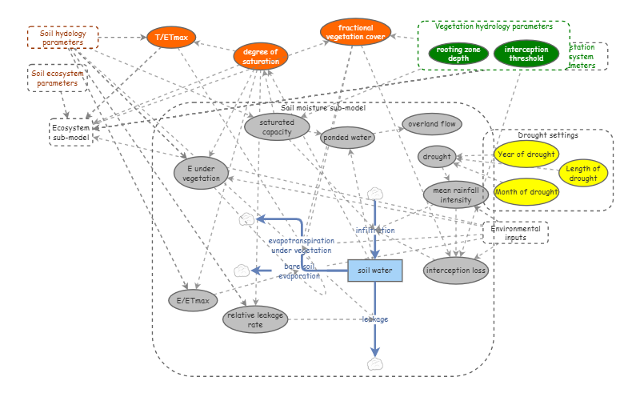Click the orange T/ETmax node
171,38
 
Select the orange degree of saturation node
261,56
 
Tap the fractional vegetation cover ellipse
356,32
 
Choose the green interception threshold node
526,54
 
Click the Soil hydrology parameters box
62,38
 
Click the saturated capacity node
276,127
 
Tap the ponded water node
347,138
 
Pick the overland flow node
432,124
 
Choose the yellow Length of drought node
583,173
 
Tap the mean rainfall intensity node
455,194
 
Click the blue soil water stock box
374,271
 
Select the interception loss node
455,271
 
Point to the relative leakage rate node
254,319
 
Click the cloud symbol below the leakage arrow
375,364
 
